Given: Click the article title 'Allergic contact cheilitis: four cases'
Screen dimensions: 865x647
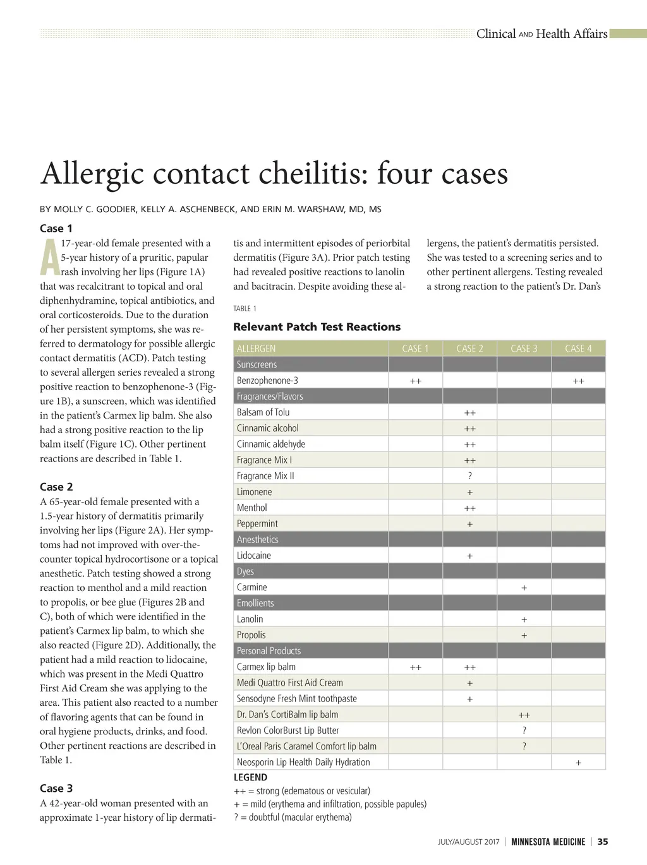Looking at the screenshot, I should point(274,174).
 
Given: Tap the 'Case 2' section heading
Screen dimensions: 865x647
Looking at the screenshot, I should point(56,487).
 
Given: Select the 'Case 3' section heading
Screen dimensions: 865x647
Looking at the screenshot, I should point(56,788).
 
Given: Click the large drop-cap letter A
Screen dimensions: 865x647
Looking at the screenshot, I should point(49,258).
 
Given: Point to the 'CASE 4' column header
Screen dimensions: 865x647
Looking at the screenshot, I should point(578,349).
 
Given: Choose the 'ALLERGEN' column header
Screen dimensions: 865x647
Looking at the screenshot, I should point(256,349).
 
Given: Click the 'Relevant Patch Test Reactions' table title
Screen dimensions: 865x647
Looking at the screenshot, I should point(317,326).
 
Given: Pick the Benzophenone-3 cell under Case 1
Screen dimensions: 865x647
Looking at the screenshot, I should point(415,381).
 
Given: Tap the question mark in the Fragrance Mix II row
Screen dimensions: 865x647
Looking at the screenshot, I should point(469,476).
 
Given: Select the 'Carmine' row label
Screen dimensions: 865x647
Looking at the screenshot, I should point(251,587).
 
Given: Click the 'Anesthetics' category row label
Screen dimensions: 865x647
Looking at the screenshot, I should point(257,540).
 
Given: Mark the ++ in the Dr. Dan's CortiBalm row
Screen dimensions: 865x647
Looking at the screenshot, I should point(524,715).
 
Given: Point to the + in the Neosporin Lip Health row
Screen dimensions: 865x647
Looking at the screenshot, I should point(578,763).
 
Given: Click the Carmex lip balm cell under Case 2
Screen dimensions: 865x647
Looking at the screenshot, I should point(469,667).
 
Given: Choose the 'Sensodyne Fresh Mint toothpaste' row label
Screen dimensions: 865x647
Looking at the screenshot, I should point(296,699).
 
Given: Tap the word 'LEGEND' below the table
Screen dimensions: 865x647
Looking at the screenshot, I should point(250,777).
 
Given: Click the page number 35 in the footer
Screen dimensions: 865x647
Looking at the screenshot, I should point(603,842).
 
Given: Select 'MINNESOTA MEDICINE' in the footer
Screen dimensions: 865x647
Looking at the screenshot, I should point(548,842).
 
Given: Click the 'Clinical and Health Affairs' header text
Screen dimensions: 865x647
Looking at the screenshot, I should point(541,34).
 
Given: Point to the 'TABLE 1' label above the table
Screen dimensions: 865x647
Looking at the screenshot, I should point(245,309).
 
